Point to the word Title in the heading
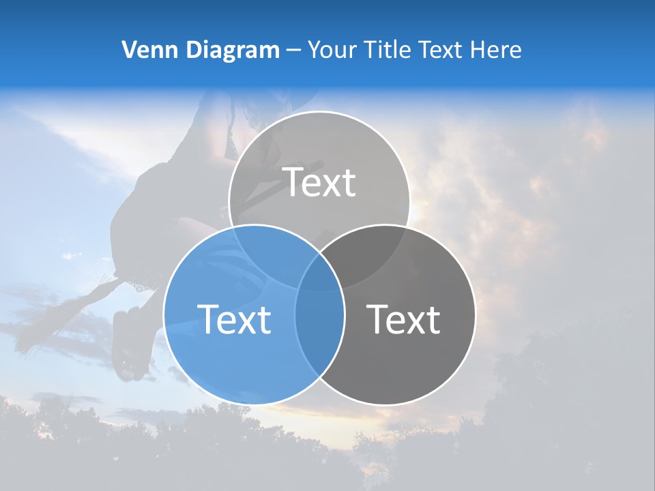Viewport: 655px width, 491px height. tap(388, 50)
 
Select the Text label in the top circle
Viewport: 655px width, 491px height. tap(319, 182)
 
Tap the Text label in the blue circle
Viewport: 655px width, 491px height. tap(234, 318)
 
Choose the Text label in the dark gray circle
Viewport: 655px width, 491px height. tap(404, 318)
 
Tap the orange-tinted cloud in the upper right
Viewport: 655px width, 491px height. tap(587, 136)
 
